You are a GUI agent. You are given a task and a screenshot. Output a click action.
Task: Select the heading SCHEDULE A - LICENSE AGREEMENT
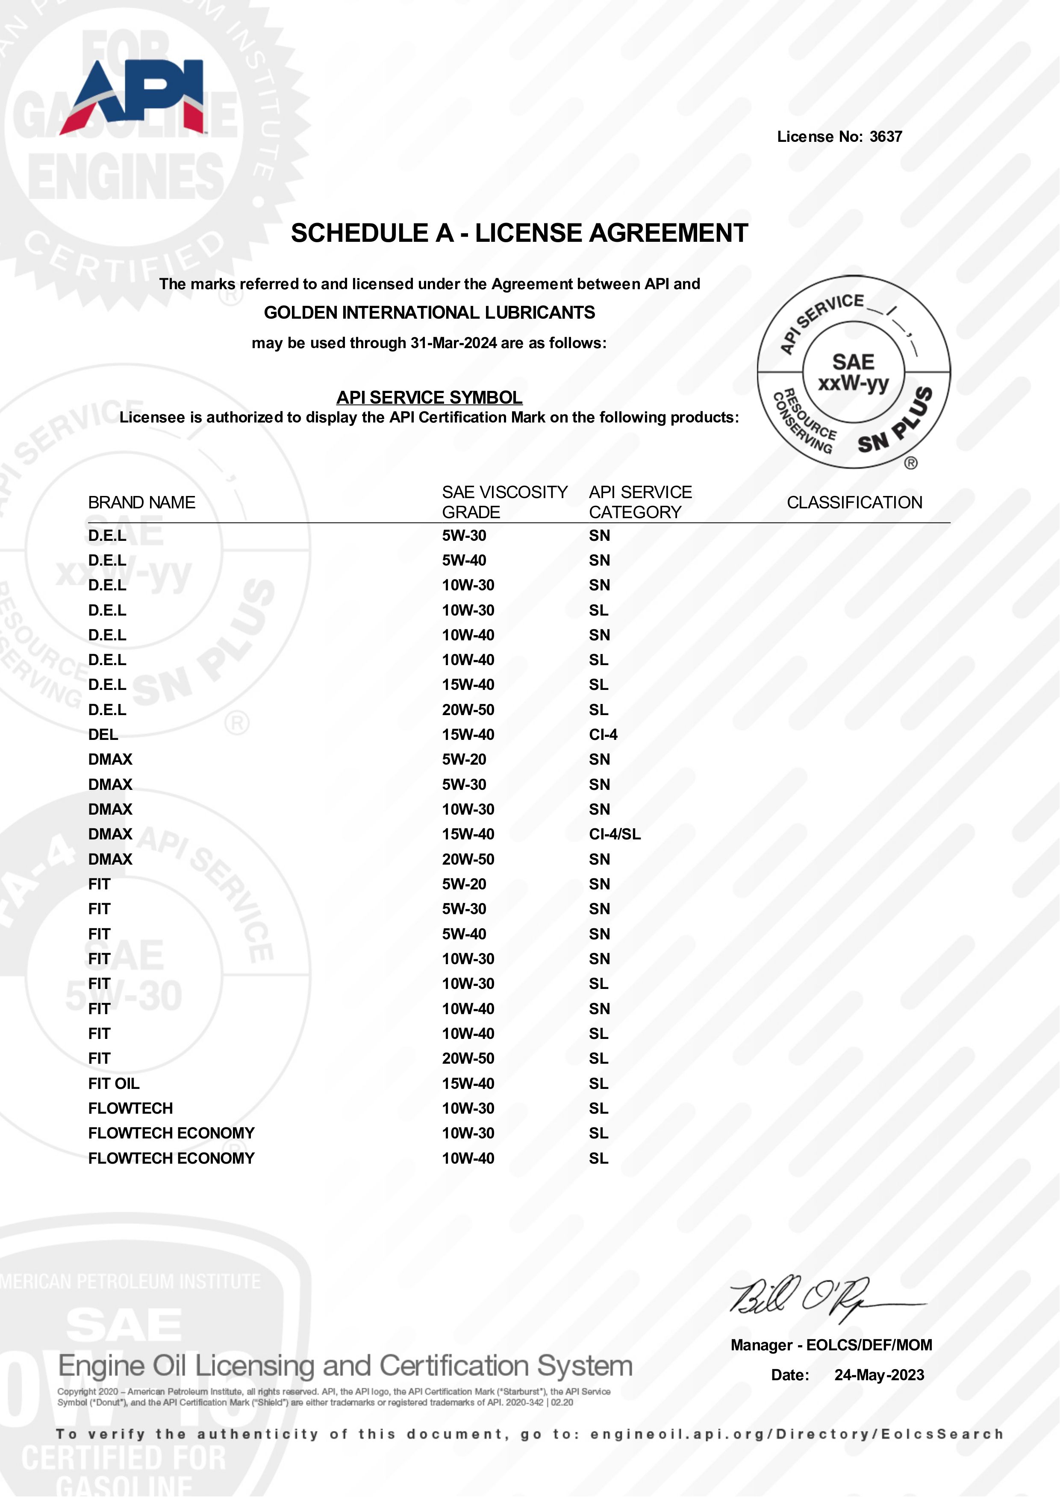tap(519, 233)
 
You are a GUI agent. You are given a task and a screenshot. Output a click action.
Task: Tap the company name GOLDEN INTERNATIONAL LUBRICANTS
tap(429, 313)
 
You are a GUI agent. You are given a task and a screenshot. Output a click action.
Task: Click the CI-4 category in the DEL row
tap(603, 734)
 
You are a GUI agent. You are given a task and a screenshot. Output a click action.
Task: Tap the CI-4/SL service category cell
tap(615, 834)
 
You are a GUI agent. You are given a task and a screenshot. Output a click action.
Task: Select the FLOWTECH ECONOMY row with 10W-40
tap(171, 1158)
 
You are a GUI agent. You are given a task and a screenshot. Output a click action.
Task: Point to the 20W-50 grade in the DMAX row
tap(468, 859)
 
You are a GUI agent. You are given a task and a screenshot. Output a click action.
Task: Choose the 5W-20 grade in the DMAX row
tap(464, 759)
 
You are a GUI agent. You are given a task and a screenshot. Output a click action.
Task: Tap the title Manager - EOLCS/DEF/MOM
tap(831, 1345)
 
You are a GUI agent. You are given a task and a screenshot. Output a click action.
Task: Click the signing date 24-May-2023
tap(879, 1375)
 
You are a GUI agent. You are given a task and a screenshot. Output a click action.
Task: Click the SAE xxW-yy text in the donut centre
tap(853, 372)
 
